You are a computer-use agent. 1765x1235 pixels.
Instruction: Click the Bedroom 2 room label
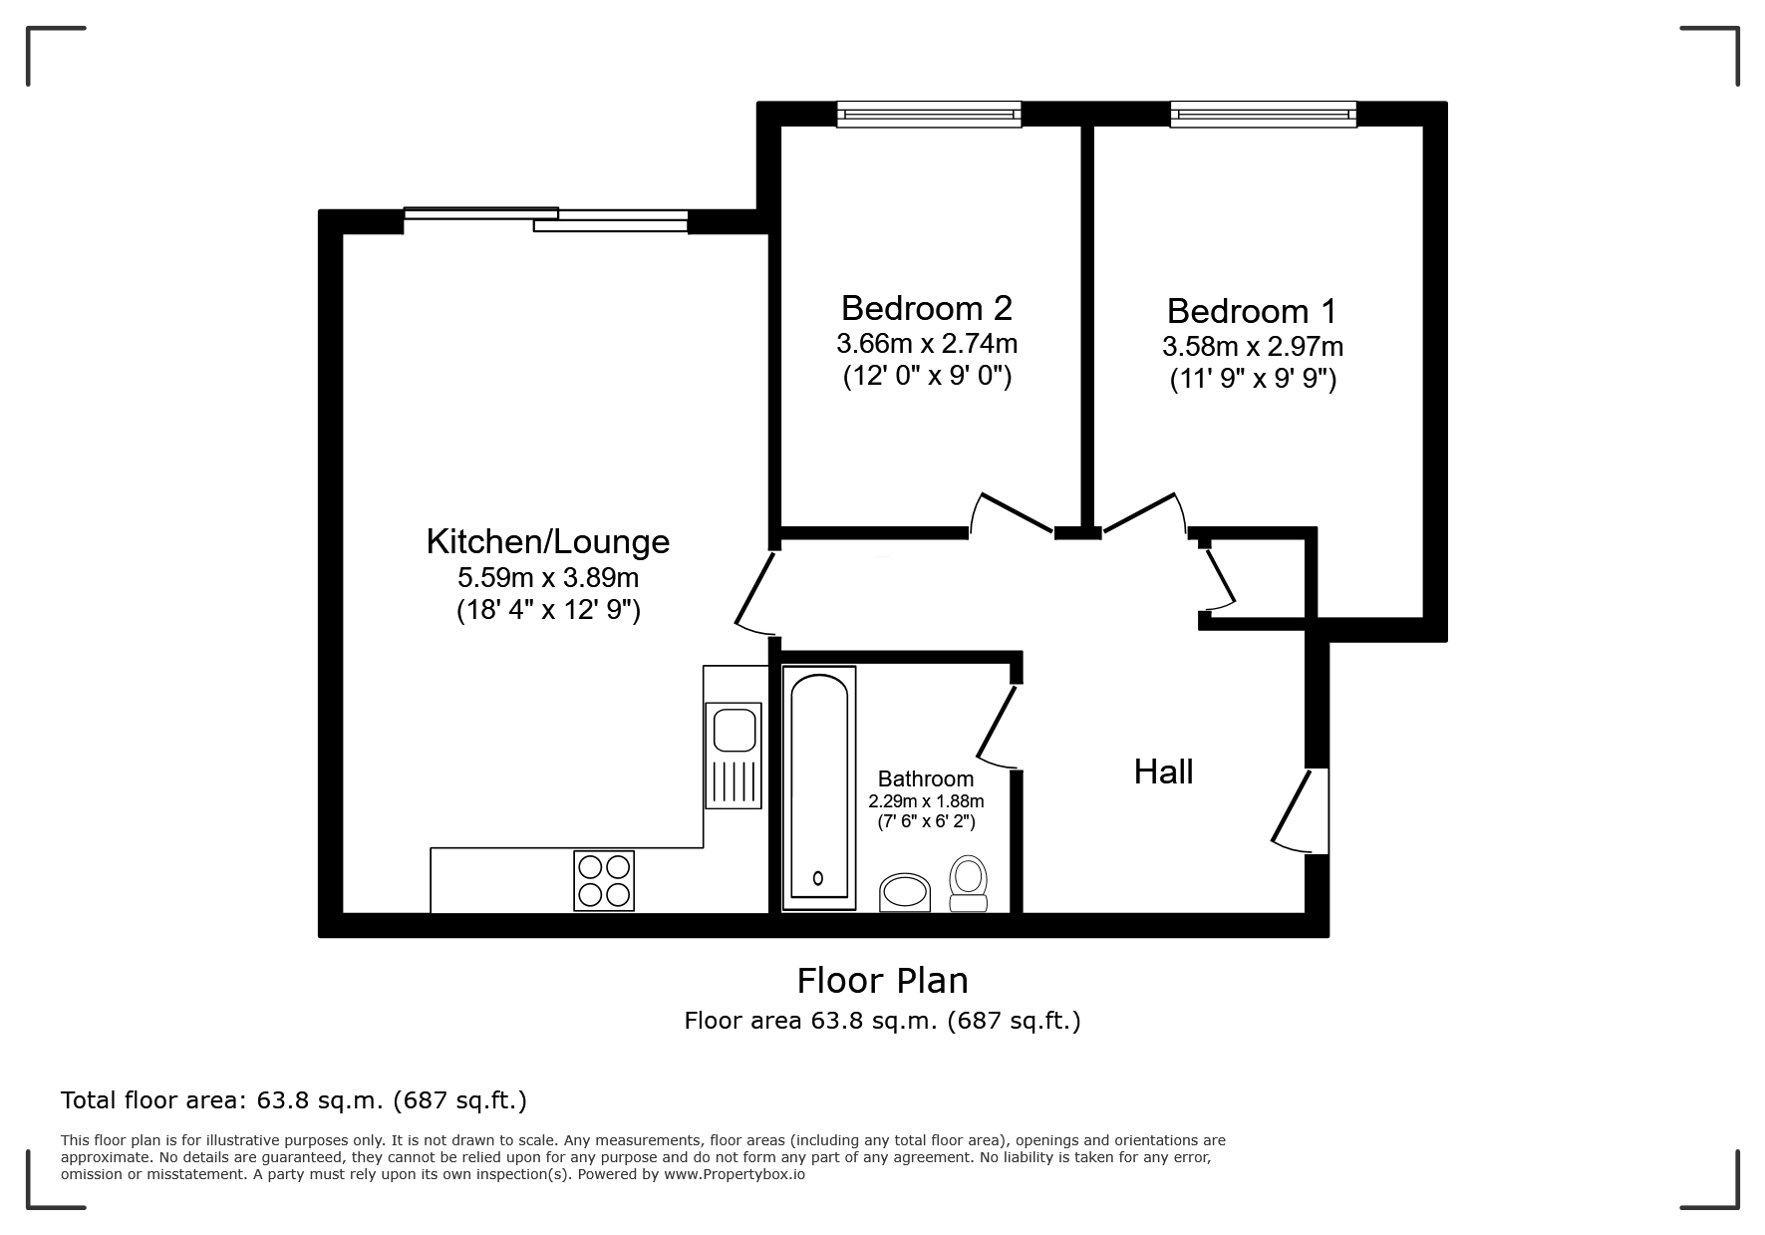click(927, 308)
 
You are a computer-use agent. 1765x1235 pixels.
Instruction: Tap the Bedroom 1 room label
click(1252, 311)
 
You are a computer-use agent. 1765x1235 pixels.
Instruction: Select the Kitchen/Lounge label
click(548, 541)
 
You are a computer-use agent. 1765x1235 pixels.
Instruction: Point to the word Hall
click(1164, 772)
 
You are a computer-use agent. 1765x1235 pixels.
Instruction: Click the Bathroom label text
click(926, 779)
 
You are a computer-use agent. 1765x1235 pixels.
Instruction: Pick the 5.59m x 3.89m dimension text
click(548, 577)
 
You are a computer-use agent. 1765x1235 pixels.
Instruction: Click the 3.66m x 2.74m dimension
click(927, 344)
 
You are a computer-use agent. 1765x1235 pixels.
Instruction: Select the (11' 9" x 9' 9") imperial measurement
click(1253, 380)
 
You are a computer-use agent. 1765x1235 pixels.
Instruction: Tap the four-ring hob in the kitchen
click(604, 880)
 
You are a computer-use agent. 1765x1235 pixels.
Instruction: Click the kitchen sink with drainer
click(734, 755)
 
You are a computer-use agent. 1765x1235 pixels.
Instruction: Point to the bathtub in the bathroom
click(819, 787)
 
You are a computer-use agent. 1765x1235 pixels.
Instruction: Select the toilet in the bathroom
click(968, 884)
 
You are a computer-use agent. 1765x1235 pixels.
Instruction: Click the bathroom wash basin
click(905, 893)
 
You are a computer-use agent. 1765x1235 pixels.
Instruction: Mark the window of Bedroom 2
click(929, 115)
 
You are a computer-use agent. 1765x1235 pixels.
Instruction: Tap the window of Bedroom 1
click(1264, 115)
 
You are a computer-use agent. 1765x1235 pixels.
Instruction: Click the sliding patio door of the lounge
click(546, 219)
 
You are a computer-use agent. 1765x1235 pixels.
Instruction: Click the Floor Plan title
click(883, 981)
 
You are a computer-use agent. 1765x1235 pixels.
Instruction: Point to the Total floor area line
click(294, 1100)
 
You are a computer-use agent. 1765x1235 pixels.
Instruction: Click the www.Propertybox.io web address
click(735, 1174)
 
